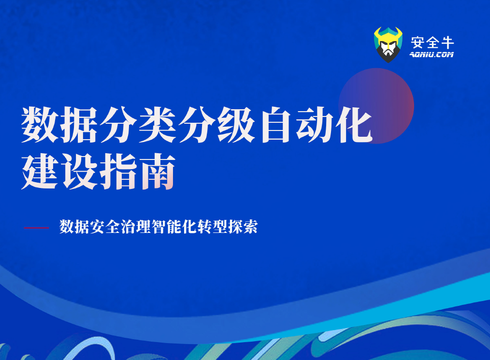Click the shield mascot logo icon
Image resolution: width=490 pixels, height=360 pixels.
(388, 44)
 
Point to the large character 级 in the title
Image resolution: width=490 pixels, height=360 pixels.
(235, 125)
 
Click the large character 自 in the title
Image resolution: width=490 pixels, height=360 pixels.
(275, 125)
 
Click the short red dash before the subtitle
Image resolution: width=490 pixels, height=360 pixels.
(36, 227)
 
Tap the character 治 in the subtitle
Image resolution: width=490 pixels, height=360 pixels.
(128, 227)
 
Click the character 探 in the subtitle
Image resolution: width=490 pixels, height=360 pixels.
(234, 227)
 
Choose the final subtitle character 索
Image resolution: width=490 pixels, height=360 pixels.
(250, 227)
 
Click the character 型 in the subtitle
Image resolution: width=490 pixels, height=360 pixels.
(219, 227)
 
